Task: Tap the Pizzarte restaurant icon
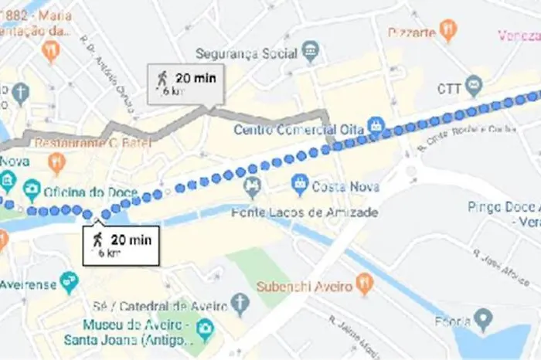[x=448, y=30]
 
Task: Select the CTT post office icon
[x=474, y=87]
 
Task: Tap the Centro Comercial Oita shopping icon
[x=376, y=124]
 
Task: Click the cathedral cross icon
[x=240, y=304]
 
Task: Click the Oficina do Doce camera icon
[x=32, y=189]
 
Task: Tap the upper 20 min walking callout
[x=186, y=83]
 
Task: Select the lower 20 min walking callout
[x=121, y=244]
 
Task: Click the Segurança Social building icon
[x=311, y=51]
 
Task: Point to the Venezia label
[x=519, y=36]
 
